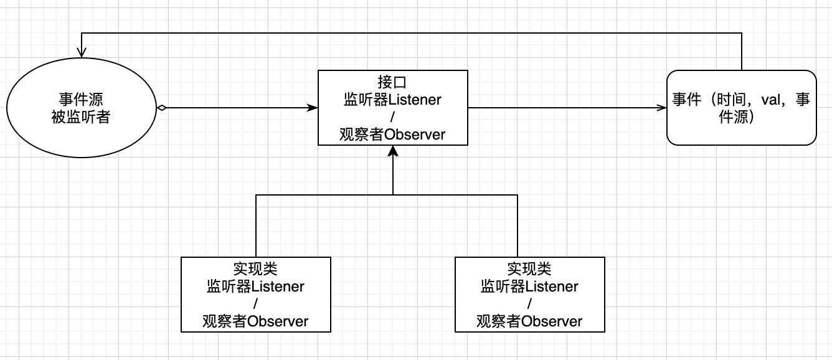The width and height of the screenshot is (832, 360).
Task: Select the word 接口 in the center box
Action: click(392, 82)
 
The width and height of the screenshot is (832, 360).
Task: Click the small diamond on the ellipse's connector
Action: click(161, 108)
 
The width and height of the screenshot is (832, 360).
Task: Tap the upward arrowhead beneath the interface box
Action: click(392, 151)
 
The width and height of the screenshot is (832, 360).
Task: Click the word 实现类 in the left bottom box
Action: click(255, 269)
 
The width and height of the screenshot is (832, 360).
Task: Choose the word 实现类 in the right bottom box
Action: click(529, 269)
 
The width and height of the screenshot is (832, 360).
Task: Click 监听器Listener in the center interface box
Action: click(392, 100)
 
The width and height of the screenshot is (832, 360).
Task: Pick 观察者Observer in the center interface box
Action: click(392, 135)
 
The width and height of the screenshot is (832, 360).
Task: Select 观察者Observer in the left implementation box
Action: click(255, 321)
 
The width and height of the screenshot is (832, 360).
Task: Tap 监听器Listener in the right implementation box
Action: click(529, 287)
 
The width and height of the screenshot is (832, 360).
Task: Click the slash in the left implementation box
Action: click(255, 304)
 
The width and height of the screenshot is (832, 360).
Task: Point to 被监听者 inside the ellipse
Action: click(81, 116)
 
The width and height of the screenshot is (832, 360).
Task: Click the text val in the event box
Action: click(771, 100)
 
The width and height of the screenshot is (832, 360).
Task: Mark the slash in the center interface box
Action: click(392, 117)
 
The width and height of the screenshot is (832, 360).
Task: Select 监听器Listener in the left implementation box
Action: click(255, 287)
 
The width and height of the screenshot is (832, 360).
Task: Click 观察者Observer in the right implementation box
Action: click(529, 321)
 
